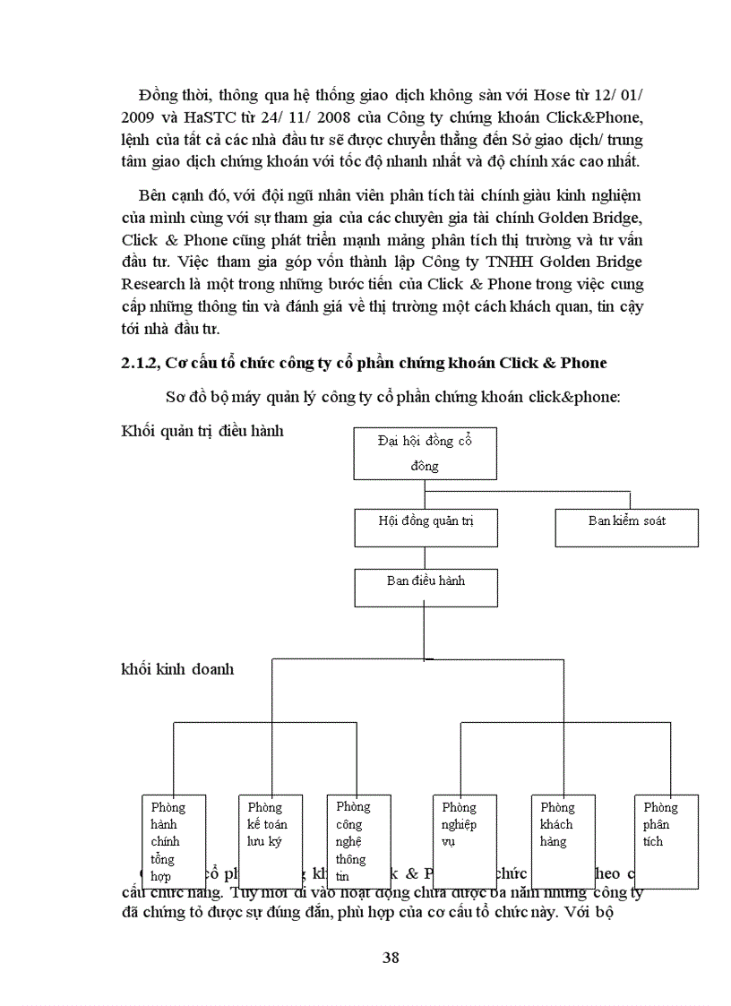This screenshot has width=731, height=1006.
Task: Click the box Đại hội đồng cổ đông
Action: click(x=425, y=452)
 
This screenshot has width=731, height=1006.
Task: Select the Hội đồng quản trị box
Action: click(x=425, y=528)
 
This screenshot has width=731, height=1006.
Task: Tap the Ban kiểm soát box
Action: click(x=626, y=528)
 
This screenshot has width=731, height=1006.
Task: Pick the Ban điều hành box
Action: click(x=426, y=587)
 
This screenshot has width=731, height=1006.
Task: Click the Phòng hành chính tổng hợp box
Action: click(x=175, y=840)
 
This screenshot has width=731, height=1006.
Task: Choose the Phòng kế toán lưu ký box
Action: click(x=270, y=840)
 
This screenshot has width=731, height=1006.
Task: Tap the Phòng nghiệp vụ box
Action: click(x=463, y=840)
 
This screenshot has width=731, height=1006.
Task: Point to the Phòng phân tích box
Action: click(x=666, y=840)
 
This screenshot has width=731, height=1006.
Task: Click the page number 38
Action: click(x=391, y=957)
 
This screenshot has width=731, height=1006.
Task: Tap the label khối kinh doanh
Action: click(x=176, y=668)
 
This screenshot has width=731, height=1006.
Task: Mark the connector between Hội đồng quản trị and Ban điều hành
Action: click(x=425, y=557)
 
